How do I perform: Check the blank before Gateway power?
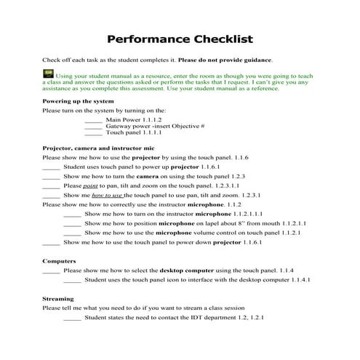(93, 126)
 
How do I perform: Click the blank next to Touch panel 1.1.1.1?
(93, 134)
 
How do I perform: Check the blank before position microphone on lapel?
(72, 223)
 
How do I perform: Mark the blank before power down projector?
(51, 242)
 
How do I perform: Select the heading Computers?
(60, 260)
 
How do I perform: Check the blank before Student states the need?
(72, 317)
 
